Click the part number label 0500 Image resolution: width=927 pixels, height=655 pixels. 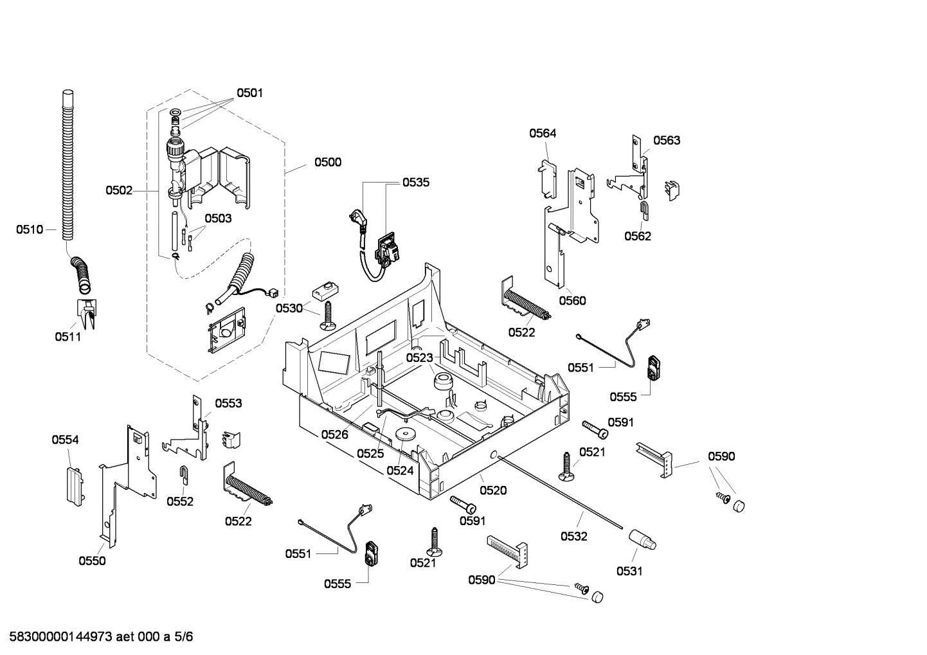[327, 163]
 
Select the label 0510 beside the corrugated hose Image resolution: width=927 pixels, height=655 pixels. [30, 229]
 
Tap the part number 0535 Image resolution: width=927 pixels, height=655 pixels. [416, 183]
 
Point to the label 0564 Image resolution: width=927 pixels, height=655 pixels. [543, 134]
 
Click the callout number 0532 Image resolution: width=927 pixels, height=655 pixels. [573, 536]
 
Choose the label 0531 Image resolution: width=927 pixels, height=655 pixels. [629, 571]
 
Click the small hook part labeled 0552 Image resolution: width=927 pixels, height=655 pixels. [183, 474]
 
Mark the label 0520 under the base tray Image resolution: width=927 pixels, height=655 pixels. [493, 490]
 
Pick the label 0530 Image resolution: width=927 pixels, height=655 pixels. [289, 309]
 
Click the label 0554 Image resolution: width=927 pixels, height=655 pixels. [65, 440]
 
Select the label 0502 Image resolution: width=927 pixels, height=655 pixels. [119, 190]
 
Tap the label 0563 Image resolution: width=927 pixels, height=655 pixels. [667, 141]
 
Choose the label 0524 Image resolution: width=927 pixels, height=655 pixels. [400, 471]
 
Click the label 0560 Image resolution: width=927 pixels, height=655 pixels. [572, 301]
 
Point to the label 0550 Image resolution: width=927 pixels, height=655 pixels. [92, 561]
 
